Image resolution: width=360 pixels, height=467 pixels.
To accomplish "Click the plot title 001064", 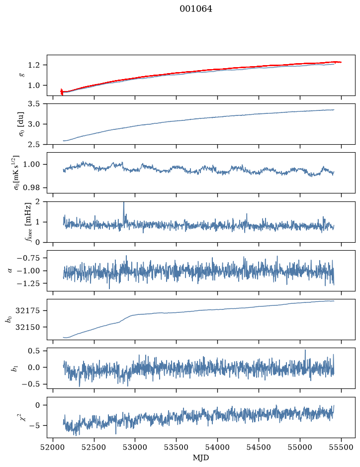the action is [x=196, y=9].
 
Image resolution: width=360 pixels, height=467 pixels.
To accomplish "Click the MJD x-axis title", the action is [x=201, y=458].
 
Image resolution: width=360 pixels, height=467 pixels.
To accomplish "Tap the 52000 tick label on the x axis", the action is [x=53, y=447].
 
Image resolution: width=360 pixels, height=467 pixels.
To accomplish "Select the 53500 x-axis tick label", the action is [x=177, y=447].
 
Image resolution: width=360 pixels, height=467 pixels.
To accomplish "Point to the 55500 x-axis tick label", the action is [x=341, y=447].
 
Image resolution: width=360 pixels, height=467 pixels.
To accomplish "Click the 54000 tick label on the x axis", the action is [x=217, y=447].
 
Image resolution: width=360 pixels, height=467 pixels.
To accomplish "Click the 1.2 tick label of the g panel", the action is [x=34, y=65].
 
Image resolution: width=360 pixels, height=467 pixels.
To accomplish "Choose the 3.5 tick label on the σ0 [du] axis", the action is [x=34, y=104].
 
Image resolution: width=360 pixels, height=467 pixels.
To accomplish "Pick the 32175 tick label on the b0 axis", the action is [x=27, y=311].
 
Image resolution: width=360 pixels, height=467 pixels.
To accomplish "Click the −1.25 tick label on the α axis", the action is [x=28, y=283].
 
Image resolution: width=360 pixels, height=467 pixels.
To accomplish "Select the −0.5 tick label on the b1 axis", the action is [x=30, y=384].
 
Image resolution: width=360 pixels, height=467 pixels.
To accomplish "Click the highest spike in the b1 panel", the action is [x=305, y=350].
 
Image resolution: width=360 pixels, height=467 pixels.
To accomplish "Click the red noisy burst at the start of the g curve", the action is [x=62, y=92].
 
